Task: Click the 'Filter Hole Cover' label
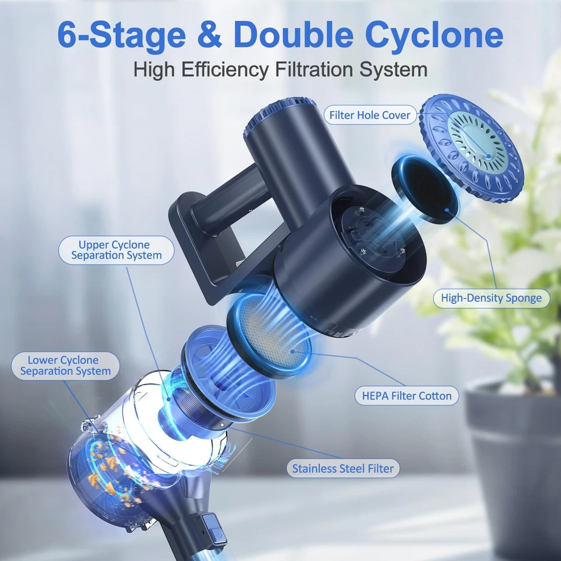point(370,115)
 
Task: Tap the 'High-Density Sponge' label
point(491,298)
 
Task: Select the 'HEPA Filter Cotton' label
point(407,396)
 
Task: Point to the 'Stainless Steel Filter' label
point(343,468)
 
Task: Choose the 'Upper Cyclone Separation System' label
point(116,250)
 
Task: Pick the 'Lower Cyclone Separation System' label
point(66,366)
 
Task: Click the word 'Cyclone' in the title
point(434,35)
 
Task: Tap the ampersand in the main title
point(209,35)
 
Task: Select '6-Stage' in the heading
point(121,35)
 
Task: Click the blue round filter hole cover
point(471,149)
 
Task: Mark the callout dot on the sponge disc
point(447,210)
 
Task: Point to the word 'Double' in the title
point(294,35)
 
